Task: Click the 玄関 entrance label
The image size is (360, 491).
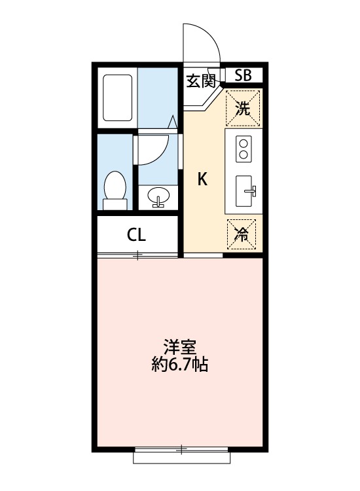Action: pyautogui.click(x=200, y=81)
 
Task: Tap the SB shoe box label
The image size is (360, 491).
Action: pyautogui.click(x=243, y=75)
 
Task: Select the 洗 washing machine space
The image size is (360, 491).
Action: pyautogui.click(x=243, y=108)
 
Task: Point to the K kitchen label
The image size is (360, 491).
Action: pyautogui.click(x=203, y=179)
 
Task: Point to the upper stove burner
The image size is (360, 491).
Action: pyautogui.click(x=244, y=143)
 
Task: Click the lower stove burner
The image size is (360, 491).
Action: pyautogui.click(x=244, y=155)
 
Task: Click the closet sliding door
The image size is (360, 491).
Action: pyautogui.click(x=137, y=255)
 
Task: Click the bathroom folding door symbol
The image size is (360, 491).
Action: pyautogui.click(x=172, y=122)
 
